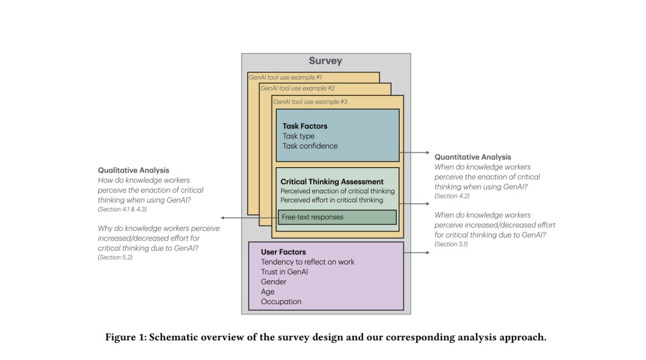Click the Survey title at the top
(x=325, y=61)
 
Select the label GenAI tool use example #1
(x=285, y=77)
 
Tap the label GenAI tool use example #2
(x=297, y=88)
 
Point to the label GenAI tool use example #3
(x=310, y=102)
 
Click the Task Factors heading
(x=305, y=126)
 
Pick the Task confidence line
(x=310, y=146)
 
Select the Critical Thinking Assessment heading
(x=332, y=182)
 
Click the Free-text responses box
(x=337, y=217)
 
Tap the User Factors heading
(x=283, y=252)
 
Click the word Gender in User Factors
(x=273, y=282)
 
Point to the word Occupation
(x=281, y=302)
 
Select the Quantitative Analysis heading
(x=472, y=157)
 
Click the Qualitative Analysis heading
(x=133, y=170)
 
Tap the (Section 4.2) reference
(x=452, y=196)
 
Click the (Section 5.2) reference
(x=115, y=257)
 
